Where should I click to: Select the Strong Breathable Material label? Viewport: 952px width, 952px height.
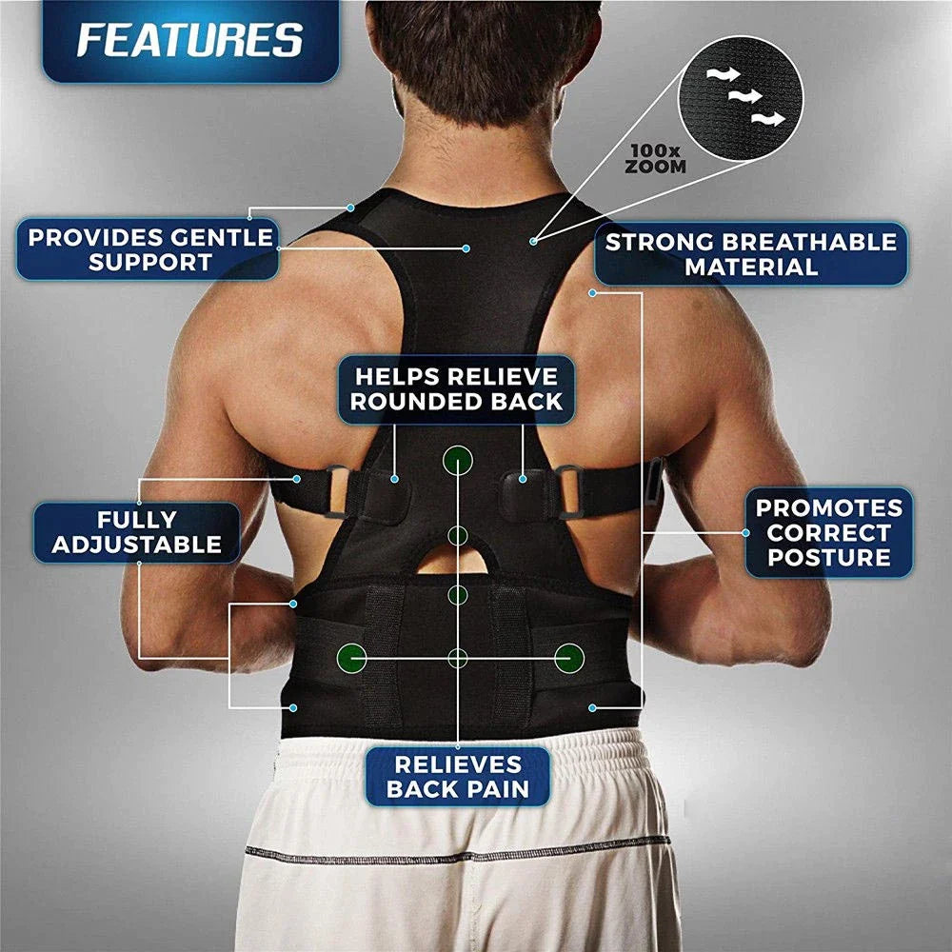coord(750,253)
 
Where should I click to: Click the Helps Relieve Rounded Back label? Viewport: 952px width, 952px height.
coord(457,387)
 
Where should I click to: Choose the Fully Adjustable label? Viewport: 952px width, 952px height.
coord(136,532)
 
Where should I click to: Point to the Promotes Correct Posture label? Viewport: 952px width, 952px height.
coord(828,532)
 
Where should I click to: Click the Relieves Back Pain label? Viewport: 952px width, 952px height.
coord(457,777)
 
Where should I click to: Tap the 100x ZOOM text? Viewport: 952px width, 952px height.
coord(655,158)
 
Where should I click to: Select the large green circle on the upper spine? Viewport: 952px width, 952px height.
coord(457,461)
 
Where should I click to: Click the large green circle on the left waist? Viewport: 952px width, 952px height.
coord(352,656)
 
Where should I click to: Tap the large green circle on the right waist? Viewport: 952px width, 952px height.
coord(569,656)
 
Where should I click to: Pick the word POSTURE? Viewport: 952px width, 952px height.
coord(828,558)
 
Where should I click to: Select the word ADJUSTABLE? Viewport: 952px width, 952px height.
coord(136,545)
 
